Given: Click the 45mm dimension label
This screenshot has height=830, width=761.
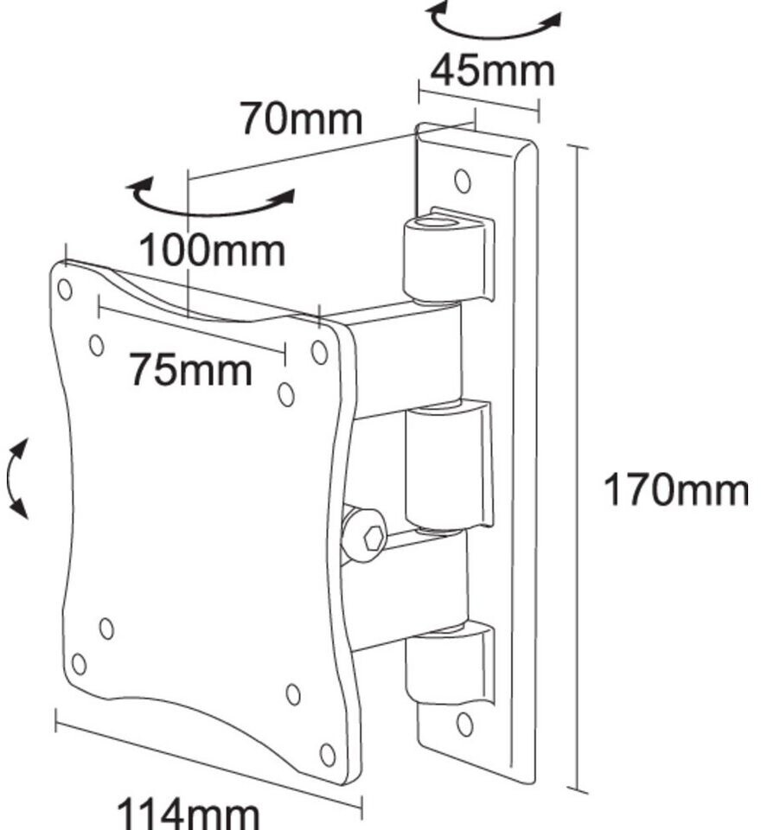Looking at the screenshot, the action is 492,71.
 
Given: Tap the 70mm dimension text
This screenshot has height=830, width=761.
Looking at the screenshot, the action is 300,118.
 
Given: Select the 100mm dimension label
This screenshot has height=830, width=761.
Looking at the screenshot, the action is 212,251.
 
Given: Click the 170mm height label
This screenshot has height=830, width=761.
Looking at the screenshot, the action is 675,491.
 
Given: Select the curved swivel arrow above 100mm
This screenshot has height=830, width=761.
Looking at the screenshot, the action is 210,198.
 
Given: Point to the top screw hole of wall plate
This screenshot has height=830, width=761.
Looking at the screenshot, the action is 463,181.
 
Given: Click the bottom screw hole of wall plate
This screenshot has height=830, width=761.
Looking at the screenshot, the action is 464,723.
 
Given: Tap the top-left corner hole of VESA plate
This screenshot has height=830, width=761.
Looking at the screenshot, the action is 65,289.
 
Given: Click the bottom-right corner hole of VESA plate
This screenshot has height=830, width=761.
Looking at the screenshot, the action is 328,755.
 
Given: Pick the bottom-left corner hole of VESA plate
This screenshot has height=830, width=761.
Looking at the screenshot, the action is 79,664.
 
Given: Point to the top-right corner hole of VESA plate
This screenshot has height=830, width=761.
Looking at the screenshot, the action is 319,352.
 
